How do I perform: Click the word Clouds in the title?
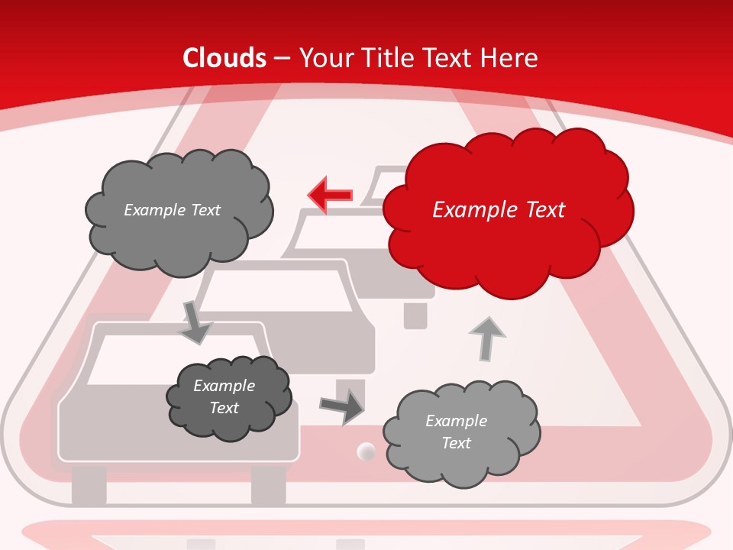[x=224, y=58]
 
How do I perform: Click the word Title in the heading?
[x=388, y=58]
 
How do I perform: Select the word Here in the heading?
[x=510, y=58]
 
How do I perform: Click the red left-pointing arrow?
[x=330, y=195]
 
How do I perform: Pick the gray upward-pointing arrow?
[x=486, y=338]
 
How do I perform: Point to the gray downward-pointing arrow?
[x=195, y=322]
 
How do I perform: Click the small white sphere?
[x=366, y=452]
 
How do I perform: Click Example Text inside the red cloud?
[x=499, y=210]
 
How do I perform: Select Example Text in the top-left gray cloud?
[x=172, y=210]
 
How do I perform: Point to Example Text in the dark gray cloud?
[x=224, y=396]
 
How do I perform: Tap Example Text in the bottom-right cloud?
[x=456, y=432]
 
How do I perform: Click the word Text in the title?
[x=446, y=58]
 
